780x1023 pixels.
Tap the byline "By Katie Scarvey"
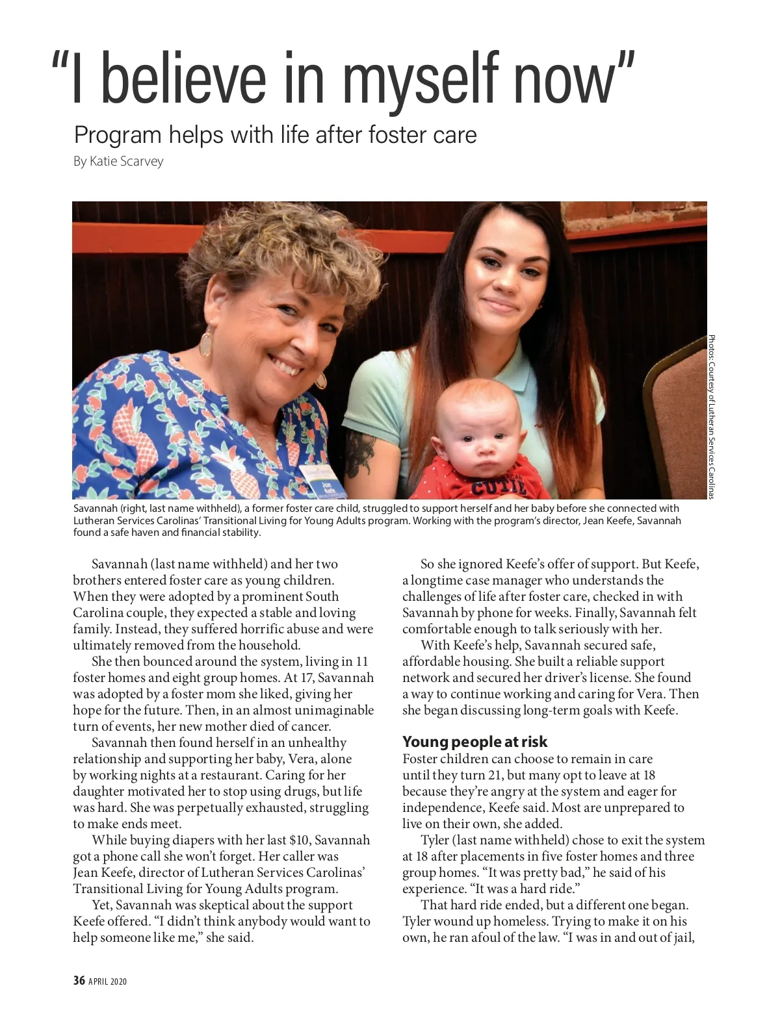click(118, 161)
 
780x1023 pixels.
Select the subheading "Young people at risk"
click(474, 741)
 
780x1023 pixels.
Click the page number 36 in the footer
click(79, 981)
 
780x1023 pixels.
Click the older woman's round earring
click(206, 341)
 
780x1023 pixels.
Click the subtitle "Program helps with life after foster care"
click(275, 134)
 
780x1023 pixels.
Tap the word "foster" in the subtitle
click(398, 134)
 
